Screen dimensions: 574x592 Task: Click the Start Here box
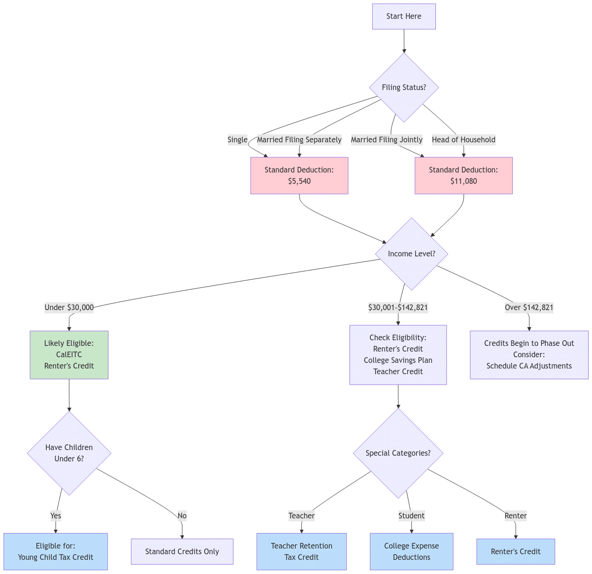(x=404, y=16)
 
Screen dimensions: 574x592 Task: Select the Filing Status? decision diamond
(x=404, y=88)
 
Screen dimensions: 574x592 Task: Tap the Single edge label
(x=237, y=139)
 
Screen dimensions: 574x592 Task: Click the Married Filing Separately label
(x=299, y=139)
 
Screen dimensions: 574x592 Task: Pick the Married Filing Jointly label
(x=387, y=139)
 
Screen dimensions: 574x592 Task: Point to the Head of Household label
(x=463, y=139)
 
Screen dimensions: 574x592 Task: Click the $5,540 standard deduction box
(x=299, y=176)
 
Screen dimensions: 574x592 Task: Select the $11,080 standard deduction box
(x=463, y=176)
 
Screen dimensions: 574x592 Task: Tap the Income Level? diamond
(x=411, y=254)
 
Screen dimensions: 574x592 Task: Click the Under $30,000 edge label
(x=69, y=308)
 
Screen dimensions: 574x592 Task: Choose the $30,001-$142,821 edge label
(x=398, y=308)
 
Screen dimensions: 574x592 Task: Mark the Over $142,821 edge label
(x=529, y=308)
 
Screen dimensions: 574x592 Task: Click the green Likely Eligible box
(x=69, y=355)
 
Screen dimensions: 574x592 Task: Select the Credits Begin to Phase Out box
(x=529, y=355)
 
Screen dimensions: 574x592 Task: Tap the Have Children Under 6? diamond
(x=69, y=453)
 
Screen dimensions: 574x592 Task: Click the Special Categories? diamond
(x=398, y=453)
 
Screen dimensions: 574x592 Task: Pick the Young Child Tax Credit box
(x=56, y=552)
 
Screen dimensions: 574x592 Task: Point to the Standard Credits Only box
(x=182, y=552)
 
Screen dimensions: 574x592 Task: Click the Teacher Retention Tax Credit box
(x=301, y=552)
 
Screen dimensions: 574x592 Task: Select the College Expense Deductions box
(x=411, y=552)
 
